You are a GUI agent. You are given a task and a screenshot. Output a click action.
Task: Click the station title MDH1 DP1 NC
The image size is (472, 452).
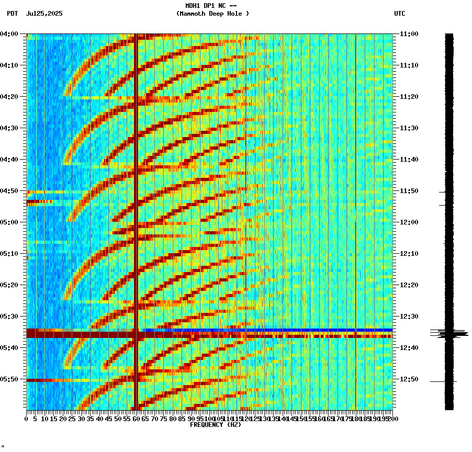(211, 6)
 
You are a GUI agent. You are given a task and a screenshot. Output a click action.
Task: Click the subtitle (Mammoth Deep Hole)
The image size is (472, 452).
(212, 14)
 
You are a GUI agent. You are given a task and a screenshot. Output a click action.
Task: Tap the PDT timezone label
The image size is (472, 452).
(12, 14)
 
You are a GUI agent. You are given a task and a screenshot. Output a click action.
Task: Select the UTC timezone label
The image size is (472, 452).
(400, 14)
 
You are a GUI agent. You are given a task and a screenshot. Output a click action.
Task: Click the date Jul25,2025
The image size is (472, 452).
(44, 14)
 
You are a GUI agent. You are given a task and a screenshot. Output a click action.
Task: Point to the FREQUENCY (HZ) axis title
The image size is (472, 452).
(215, 425)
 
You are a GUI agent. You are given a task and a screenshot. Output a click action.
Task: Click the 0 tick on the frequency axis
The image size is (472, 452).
(27, 419)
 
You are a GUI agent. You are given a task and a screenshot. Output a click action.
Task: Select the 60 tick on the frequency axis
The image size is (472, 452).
(136, 419)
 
